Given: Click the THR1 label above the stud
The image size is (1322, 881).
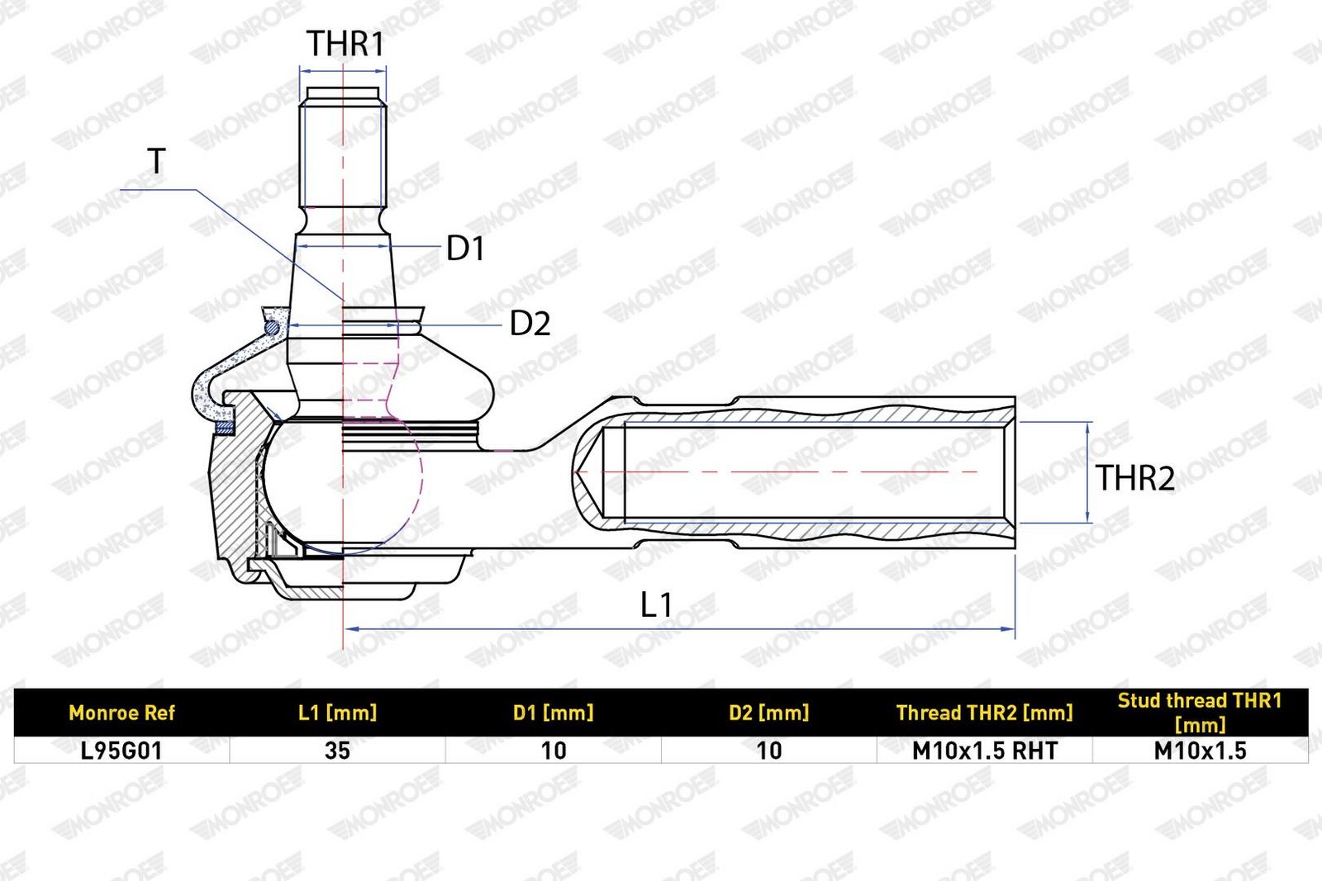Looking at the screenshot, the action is (345, 44).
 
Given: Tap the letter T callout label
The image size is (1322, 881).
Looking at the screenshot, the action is (156, 161).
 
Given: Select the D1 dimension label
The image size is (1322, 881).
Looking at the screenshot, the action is (466, 249).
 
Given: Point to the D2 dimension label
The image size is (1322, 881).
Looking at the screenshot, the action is (530, 323).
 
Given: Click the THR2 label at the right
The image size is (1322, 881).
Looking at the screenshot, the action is (1135, 477).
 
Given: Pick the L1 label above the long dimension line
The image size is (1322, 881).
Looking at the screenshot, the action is (656, 605).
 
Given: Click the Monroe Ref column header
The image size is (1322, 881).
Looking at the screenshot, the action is (122, 713).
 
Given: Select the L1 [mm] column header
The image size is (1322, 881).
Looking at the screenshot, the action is (338, 713).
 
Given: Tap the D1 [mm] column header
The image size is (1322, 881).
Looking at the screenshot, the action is (553, 713).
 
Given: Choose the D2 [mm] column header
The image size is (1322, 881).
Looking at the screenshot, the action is (769, 713).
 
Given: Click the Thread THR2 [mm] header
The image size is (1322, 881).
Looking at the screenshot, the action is (984, 713).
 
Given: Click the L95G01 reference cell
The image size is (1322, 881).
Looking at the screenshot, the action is (121, 751).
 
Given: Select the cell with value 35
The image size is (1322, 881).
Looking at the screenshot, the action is (338, 751).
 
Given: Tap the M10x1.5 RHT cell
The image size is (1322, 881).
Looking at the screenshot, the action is (984, 751).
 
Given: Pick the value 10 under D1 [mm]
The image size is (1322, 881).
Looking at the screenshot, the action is (554, 751).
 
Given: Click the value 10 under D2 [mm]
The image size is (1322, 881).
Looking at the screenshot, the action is (769, 751).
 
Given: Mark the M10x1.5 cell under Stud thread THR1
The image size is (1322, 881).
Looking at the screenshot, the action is (1200, 751).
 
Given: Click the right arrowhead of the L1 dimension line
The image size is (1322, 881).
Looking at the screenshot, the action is (1008, 629).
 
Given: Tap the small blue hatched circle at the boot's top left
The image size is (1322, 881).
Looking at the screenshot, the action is (272, 327).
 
